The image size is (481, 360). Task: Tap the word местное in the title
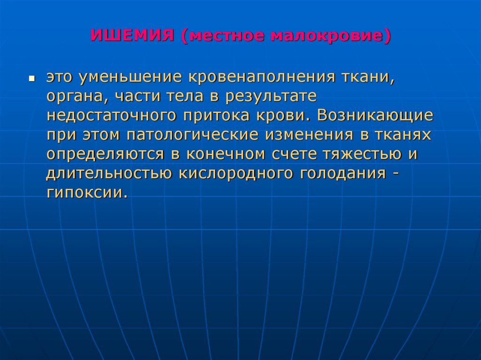click(x=224, y=36)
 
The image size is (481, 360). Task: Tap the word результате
click(x=272, y=97)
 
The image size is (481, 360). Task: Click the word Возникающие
click(x=375, y=116)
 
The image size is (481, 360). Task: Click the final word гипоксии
click(x=86, y=193)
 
